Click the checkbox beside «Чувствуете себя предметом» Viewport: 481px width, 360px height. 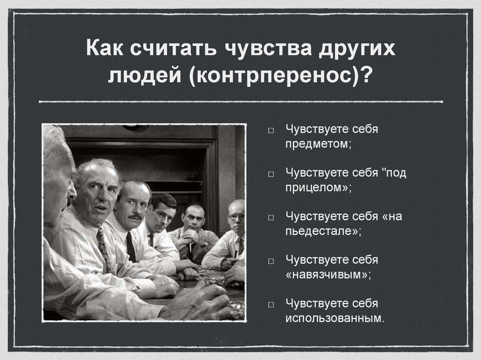[x=272, y=130]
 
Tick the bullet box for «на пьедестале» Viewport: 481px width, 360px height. [x=272, y=218]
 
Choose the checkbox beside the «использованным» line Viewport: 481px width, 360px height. [x=272, y=304]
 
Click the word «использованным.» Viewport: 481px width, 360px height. [x=334, y=317]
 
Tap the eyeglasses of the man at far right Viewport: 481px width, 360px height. [x=236, y=217]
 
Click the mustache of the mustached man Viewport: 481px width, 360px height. [x=135, y=216]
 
